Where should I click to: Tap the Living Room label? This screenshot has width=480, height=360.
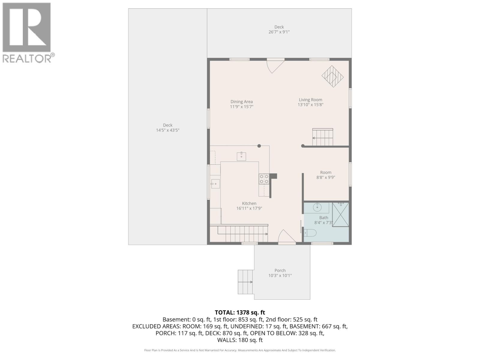(310, 100)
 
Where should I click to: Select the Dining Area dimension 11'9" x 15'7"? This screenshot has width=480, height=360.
(241, 107)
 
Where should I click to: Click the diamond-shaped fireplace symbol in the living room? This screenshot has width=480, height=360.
(332, 76)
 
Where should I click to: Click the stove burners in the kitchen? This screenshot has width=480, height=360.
(264, 179)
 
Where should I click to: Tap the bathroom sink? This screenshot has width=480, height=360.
(317, 207)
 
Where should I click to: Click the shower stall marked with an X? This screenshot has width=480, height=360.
(340, 214)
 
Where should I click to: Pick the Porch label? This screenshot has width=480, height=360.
(280, 271)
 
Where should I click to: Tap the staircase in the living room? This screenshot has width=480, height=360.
(323, 137)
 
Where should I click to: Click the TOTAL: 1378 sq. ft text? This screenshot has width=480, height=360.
(240, 313)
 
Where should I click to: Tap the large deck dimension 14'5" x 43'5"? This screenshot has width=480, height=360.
(167, 130)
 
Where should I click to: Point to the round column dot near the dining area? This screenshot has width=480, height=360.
(259, 146)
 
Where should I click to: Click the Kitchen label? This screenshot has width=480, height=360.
(249, 203)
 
